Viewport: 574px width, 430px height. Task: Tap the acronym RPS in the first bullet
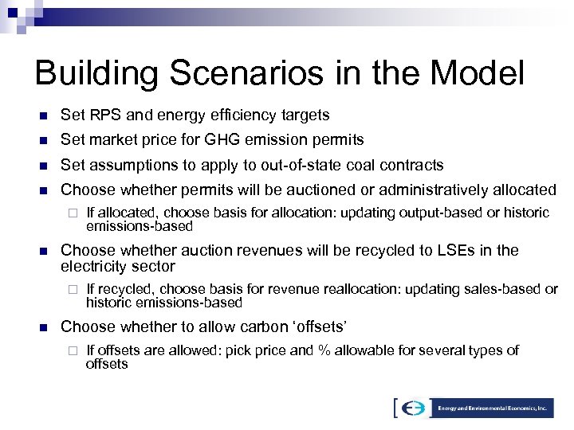pos(102,115)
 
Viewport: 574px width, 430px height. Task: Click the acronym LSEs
pos(451,250)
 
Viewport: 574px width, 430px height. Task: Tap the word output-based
pos(448,213)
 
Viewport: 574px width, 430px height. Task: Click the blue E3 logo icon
pos(412,407)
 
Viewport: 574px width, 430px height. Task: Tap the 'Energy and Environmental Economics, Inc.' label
pos(493,407)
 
